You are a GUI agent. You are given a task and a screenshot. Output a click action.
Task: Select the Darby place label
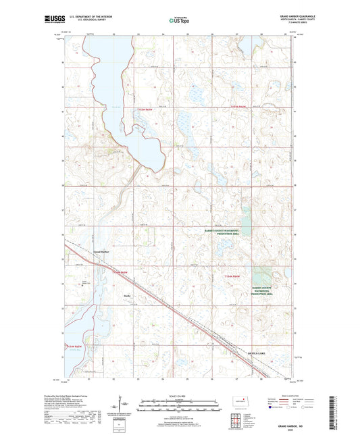coord(126,295)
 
